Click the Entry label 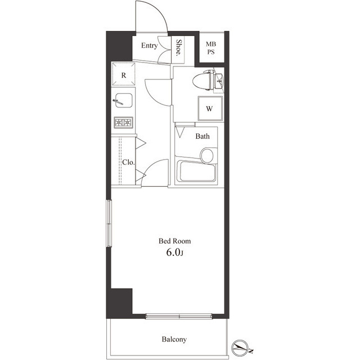[149, 46]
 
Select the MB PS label [210, 48]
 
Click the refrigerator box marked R [123, 74]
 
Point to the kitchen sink [123, 102]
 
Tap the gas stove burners [123, 122]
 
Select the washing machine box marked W [209, 109]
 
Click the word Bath [202, 136]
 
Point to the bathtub [195, 172]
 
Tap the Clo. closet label [128, 163]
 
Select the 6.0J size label [174, 253]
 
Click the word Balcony [174, 340]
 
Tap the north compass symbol [240, 347]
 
